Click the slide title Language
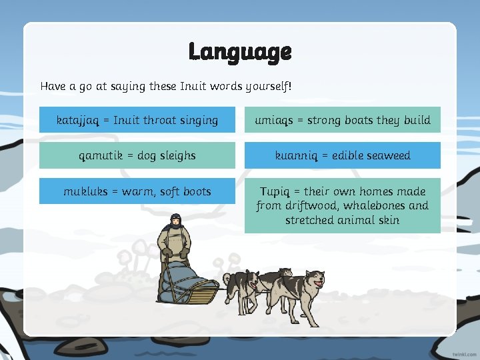(x=240, y=51)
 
